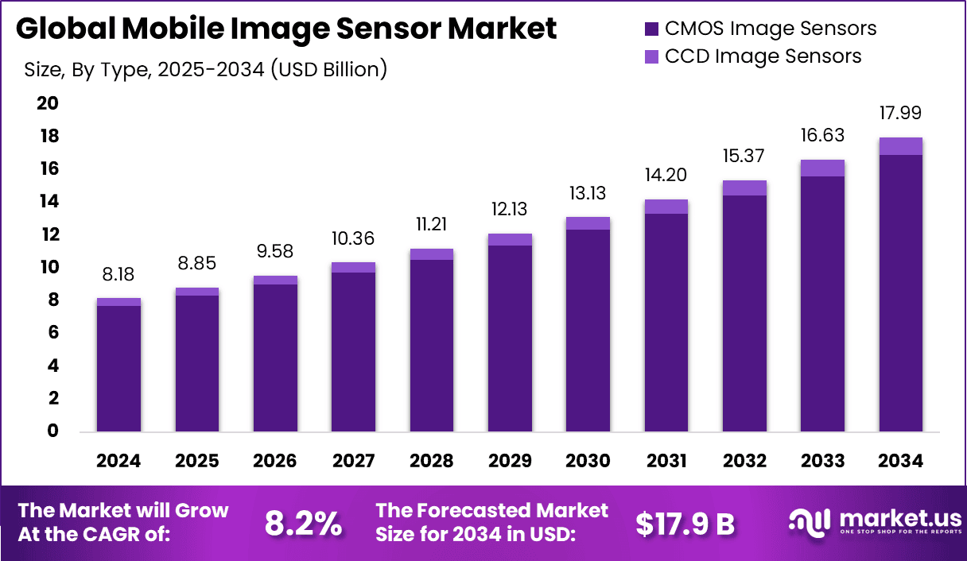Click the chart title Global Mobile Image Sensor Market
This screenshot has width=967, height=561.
[286, 29]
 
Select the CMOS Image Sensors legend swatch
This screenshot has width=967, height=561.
[650, 29]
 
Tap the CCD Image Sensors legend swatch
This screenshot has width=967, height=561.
[650, 56]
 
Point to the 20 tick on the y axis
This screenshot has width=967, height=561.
[48, 104]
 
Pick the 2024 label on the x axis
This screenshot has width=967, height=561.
[118, 462]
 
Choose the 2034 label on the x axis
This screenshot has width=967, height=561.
[901, 462]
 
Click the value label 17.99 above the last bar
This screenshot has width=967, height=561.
[900, 114]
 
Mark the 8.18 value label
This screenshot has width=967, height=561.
[118, 275]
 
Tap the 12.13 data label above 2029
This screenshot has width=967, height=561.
[510, 210]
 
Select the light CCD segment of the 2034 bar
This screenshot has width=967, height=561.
[900, 146]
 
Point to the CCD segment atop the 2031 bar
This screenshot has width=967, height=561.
[666, 207]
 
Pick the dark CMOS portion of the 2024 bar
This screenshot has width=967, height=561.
[118, 369]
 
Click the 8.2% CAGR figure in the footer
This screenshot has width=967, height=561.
[303, 524]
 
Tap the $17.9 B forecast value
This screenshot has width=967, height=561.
[685, 524]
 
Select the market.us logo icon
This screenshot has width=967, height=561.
[809, 521]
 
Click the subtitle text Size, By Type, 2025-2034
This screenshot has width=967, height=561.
[205, 70]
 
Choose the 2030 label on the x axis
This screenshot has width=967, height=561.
[588, 462]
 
